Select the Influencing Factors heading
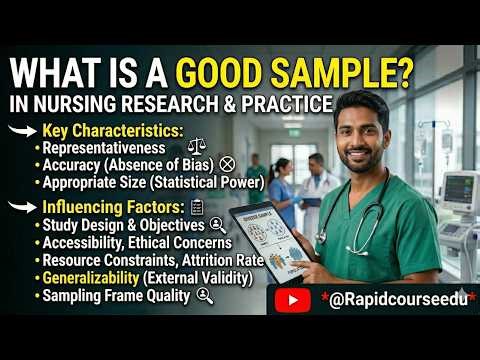tap(111, 207)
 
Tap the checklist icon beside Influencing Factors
tap(197, 207)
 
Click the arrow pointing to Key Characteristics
tap(21, 131)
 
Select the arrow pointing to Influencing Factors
tap(21, 207)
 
